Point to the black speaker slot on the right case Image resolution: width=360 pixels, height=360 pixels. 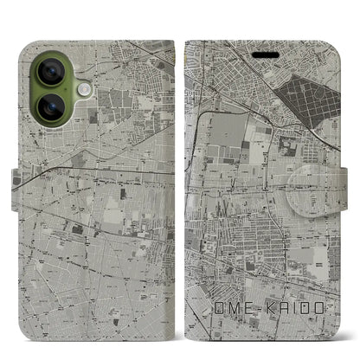[266, 51]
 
